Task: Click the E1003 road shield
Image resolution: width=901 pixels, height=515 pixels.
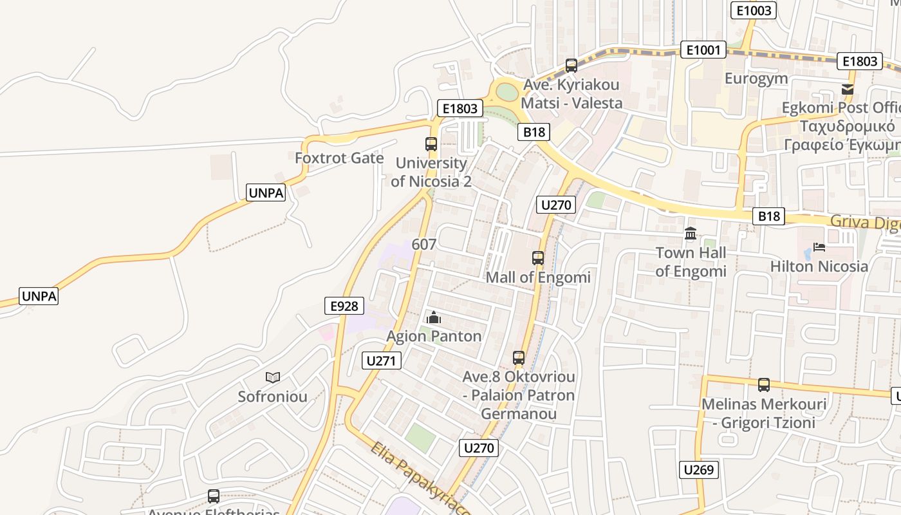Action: click(x=754, y=10)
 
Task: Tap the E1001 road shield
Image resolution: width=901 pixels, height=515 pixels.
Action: click(x=703, y=50)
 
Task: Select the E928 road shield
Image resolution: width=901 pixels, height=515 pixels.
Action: click(x=344, y=306)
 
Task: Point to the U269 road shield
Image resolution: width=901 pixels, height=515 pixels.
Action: click(x=698, y=469)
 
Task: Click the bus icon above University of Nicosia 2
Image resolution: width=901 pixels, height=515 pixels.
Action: click(x=431, y=144)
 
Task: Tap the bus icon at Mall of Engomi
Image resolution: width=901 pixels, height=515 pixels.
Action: click(x=538, y=258)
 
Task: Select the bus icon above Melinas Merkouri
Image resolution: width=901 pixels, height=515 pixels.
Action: click(x=764, y=385)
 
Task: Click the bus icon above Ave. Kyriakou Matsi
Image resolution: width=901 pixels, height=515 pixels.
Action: click(x=571, y=65)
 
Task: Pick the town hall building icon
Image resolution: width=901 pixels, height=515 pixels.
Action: click(x=691, y=233)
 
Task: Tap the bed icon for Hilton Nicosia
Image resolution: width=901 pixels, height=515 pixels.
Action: click(x=819, y=247)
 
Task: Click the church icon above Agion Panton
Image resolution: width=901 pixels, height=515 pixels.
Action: click(x=434, y=317)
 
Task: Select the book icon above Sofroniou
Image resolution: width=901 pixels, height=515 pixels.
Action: click(x=273, y=377)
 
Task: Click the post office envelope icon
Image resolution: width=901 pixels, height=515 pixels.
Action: click(x=848, y=89)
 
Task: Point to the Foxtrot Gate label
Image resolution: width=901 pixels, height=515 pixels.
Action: click(x=339, y=158)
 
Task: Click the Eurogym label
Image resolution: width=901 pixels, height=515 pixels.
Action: click(x=756, y=79)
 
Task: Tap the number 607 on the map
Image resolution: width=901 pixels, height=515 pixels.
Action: click(x=423, y=245)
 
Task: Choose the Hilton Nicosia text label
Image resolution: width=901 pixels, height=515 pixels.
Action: click(x=819, y=266)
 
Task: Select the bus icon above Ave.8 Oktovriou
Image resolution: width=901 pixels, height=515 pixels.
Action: click(x=519, y=358)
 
